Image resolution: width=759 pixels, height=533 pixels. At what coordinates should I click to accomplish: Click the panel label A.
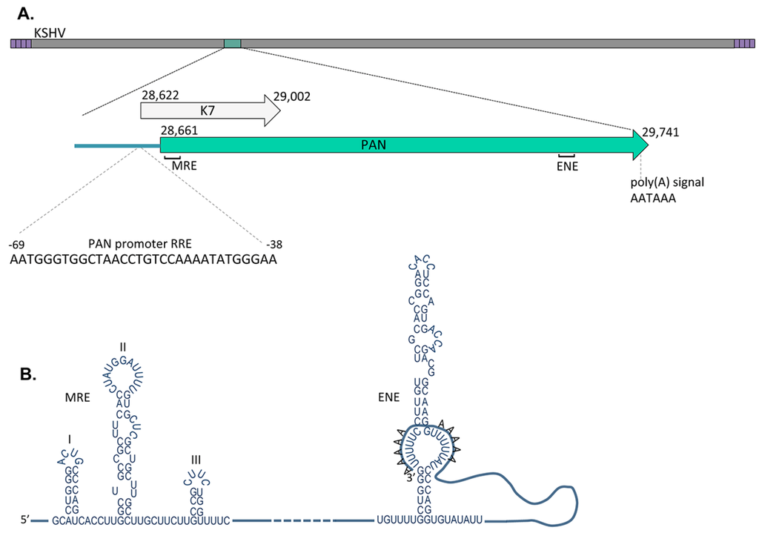click(x=25, y=13)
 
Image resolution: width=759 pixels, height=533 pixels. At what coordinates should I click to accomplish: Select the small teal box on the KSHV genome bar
click(x=233, y=44)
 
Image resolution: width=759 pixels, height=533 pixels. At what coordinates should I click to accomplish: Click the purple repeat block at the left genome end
click(x=21, y=44)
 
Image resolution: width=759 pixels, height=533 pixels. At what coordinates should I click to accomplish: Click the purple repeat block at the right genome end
click(x=744, y=44)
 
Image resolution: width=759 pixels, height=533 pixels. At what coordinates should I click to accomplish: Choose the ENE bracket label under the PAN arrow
click(x=566, y=166)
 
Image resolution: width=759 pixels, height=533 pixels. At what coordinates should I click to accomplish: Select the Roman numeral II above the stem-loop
click(x=123, y=347)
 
